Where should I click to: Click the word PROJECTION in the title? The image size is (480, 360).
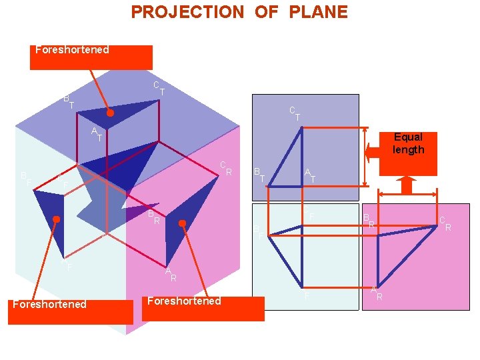[187, 12]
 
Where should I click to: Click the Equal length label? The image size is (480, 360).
[408, 143]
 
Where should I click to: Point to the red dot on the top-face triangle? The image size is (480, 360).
[111, 113]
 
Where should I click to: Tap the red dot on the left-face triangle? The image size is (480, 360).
[57, 219]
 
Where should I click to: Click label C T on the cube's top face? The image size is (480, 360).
[159, 88]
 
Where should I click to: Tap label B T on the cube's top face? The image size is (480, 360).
[68, 102]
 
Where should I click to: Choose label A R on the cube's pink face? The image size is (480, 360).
[171, 274]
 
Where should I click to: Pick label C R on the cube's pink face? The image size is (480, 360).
[226, 168]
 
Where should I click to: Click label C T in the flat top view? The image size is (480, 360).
[294, 113]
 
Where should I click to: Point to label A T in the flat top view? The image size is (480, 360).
[310, 175]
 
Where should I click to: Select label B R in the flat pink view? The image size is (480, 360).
[369, 221]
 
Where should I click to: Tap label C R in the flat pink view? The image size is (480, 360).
[445, 223]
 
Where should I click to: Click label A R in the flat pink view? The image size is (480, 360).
[377, 293]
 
